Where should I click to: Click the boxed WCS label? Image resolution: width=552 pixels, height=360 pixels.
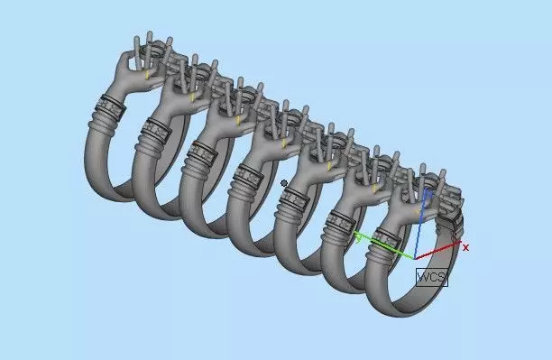(432, 277)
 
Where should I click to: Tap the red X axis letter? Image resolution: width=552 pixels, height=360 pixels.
(465, 247)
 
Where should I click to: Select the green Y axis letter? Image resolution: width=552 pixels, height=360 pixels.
(358, 239)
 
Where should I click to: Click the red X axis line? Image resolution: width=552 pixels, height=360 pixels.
(437, 251)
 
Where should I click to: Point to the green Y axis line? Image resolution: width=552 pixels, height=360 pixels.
(384, 246)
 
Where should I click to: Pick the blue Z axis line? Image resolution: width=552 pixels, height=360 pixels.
(421, 224)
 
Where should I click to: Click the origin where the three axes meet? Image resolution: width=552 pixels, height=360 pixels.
(415, 259)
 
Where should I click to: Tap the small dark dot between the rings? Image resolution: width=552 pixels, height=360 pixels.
(284, 183)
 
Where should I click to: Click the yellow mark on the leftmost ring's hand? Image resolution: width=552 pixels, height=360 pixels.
(147, 74)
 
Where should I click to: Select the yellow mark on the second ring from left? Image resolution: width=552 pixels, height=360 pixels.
(192, 97)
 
